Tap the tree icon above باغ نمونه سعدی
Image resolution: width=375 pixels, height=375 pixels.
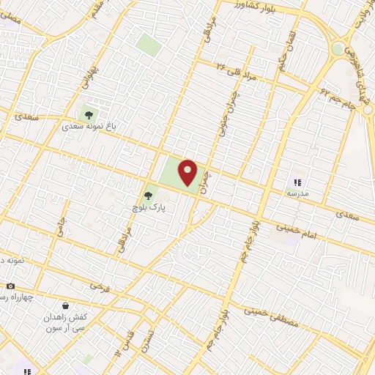tap(89, 115)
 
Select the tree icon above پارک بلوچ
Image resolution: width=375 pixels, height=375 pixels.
tap(149, 196)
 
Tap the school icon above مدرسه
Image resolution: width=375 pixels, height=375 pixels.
tap(297, 182)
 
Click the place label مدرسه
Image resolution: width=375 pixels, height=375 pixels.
tap(297, 194)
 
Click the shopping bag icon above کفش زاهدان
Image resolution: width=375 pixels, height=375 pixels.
tap(66, 304)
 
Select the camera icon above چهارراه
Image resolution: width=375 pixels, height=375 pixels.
tap(10, 286)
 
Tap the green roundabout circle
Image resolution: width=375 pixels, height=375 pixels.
tap(338, 48)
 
